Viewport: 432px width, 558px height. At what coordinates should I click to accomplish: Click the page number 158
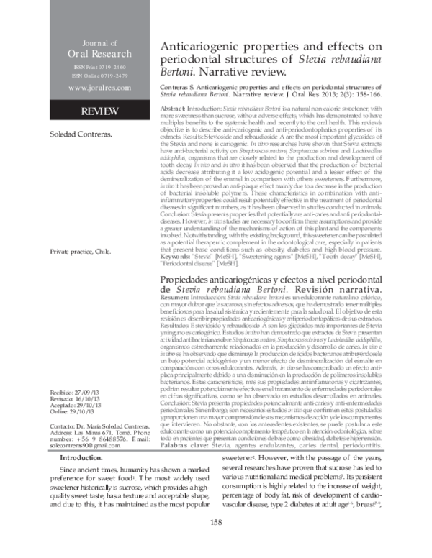215,541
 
